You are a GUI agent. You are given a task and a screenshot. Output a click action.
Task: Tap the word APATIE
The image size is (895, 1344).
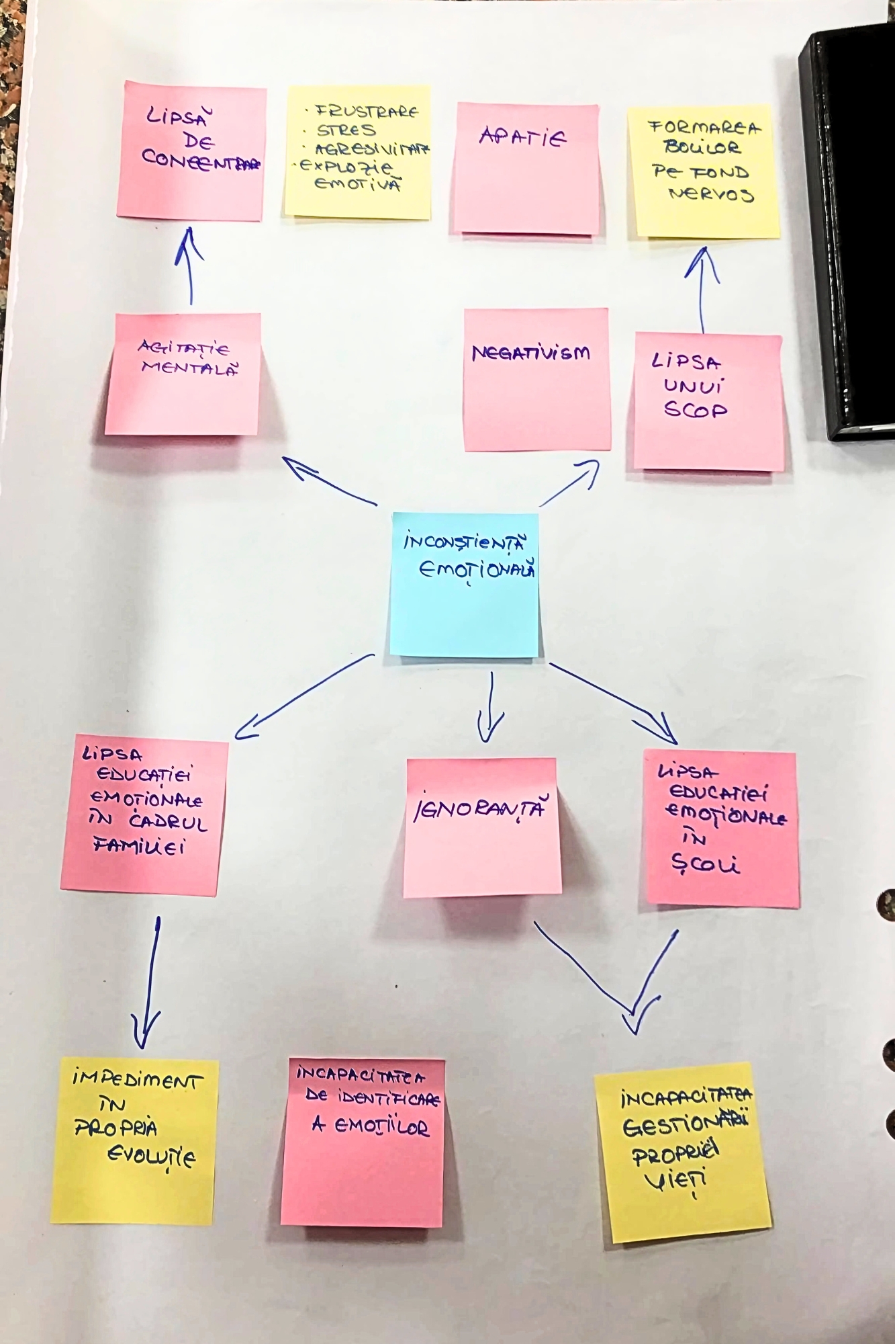[x=523, y=137]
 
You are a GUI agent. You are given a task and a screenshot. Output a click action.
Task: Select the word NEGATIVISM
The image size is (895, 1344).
[x=530, y=353]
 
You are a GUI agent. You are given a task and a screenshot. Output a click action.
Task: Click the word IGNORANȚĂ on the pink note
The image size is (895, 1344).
[x=479, y=809]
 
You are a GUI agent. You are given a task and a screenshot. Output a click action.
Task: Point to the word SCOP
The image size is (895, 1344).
[x=696, y=410]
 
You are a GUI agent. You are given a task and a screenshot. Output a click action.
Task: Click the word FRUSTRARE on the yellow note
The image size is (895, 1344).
[x=367, y=111]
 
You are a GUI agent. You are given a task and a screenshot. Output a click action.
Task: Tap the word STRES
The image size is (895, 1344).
[x=346, y=130]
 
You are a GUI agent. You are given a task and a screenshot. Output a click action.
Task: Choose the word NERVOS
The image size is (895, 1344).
[x=712, y=194]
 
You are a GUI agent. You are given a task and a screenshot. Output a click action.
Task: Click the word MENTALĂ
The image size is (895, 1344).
[x=189, y=368]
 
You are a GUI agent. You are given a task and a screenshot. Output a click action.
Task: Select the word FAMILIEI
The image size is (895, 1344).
[x=139, y=846]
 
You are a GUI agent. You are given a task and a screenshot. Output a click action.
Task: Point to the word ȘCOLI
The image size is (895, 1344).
[x=705, y=864]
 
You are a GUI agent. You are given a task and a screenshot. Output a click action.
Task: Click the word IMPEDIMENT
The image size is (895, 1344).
[x=137, y=1080]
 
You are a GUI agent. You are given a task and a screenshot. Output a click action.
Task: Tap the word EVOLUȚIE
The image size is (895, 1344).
[x=152, y=1157]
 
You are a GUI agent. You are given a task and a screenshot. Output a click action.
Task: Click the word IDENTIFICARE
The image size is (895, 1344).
[x=373, y=1098]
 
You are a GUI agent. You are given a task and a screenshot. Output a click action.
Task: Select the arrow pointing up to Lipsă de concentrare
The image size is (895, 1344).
[x=189, y=265]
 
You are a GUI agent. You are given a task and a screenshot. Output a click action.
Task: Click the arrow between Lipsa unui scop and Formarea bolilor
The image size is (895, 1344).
[x=702, y=289]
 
